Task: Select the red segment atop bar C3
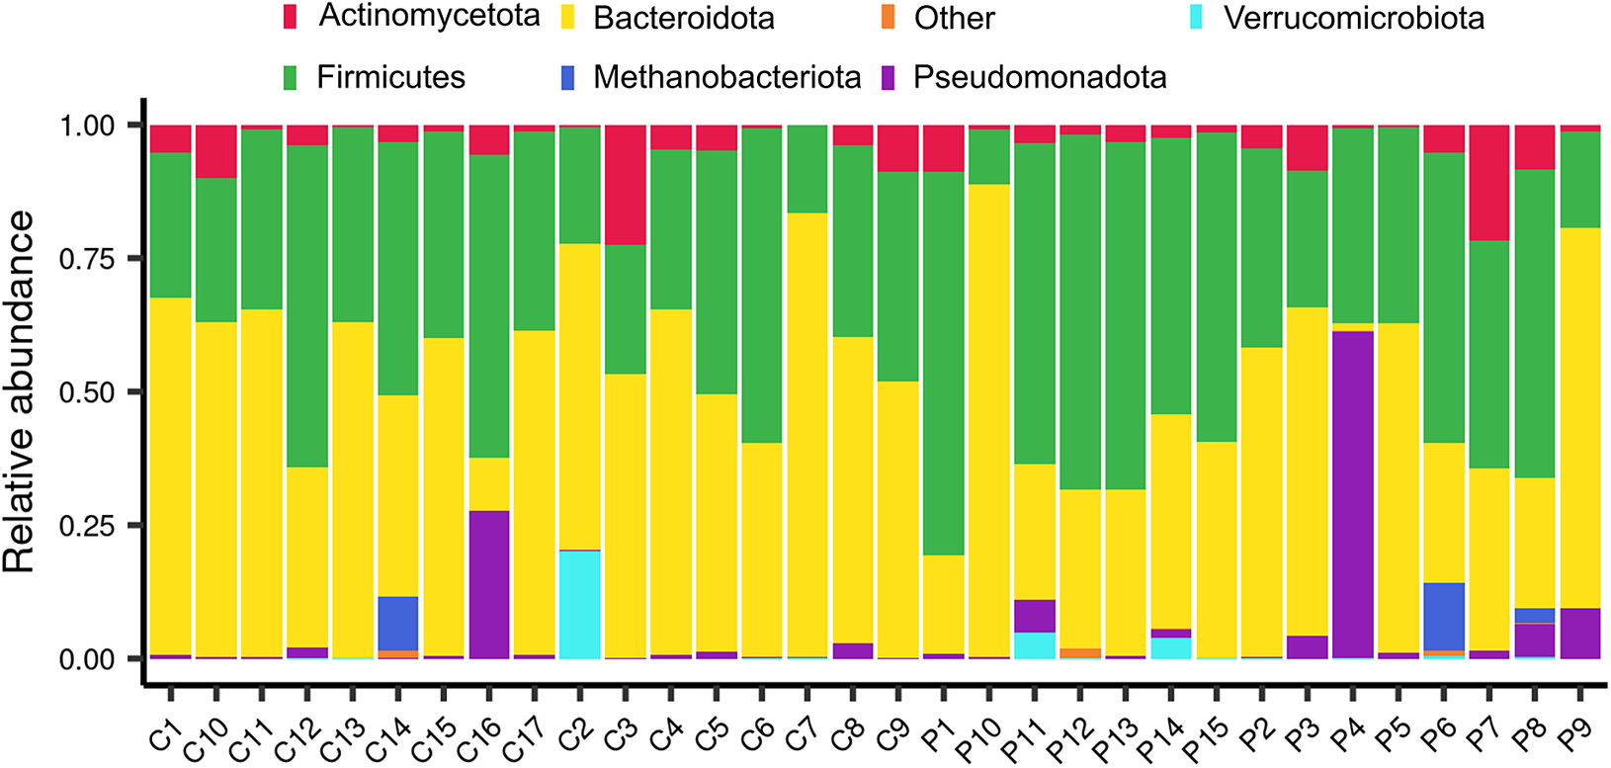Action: pos(625,185)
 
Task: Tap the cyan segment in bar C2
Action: pos(579,604)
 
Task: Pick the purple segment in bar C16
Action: pos(488,584)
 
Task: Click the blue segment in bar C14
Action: pos(397,623)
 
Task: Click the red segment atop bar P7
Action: pos(1489,183)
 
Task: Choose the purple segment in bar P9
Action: pos(1580,633)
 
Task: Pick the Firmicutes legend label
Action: pos(390,77)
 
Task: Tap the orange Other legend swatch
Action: pos(887,18)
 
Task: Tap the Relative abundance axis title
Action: pos(20,391)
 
